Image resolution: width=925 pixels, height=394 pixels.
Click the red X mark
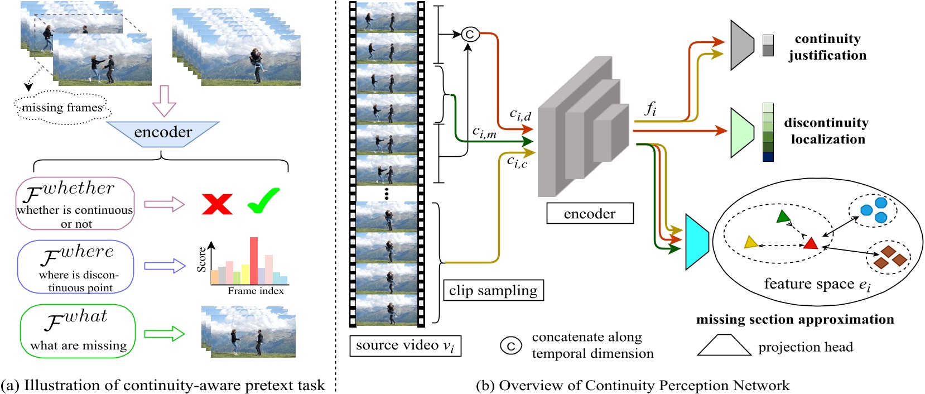(x=217, y=204)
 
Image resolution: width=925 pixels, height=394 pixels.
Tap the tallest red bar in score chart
(x=254, y=260)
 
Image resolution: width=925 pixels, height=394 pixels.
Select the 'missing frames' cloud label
(x=62, y=107)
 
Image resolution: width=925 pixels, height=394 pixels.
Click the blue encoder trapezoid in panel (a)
(x=162, y=134)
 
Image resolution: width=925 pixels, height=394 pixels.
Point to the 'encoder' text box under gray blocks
(x=590, y=214)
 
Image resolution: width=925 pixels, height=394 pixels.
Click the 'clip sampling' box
(x=493, y=291)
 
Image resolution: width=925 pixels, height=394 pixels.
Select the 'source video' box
(x=405, y=345)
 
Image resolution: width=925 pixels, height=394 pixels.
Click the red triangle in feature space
(x=810, y=243)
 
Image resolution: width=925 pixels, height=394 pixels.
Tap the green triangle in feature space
(x=783, y=217)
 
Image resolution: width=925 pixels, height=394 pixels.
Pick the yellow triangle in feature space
(x=751, y=242)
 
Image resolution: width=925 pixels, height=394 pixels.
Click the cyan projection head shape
(x=696, y=242)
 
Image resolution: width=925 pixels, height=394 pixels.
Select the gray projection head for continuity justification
(x=741, y=45)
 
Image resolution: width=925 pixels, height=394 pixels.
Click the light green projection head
(x=741, y=132)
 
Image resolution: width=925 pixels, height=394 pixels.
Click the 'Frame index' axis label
(x=256, y=291)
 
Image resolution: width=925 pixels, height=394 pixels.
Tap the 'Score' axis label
(x=201, y=260)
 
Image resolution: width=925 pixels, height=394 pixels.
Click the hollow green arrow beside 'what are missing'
(x=164, y=334)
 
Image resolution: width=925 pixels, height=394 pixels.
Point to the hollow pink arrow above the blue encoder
(x=164, y=100)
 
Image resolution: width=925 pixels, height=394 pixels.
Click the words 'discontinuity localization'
(x=827, y=131)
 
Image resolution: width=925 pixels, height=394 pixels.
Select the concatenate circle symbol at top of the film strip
(x=470, y=35)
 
